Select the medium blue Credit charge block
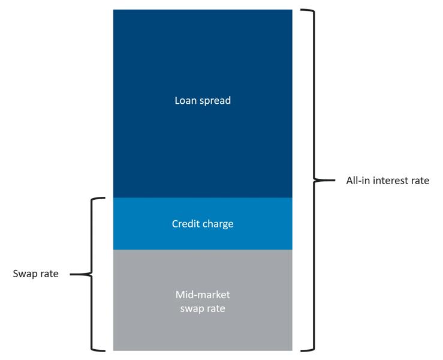203,238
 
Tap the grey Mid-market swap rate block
203,324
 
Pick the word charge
218,224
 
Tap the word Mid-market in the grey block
203,295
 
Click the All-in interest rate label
387,180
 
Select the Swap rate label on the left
35,274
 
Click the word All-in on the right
358,180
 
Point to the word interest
392,180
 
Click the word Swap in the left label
25,274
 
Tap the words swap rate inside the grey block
203,308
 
